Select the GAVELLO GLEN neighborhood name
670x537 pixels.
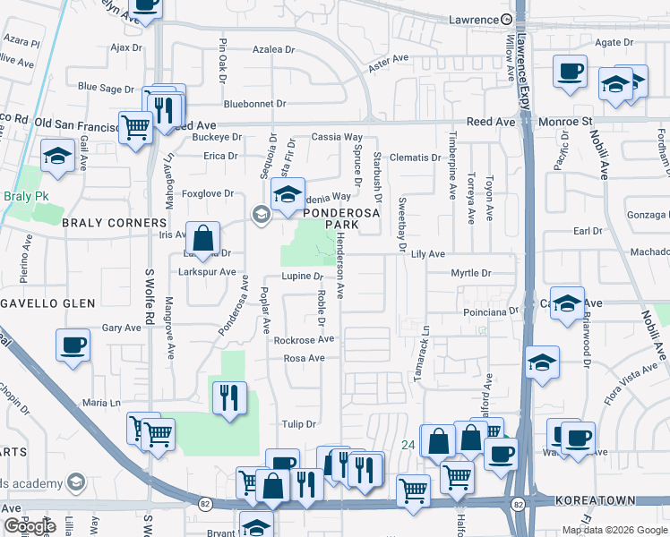47,303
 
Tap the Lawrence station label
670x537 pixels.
472,20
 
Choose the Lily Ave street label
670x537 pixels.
428,254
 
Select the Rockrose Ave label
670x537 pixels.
304,339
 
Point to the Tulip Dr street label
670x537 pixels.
299,424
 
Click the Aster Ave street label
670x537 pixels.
388,59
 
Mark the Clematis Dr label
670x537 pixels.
415,158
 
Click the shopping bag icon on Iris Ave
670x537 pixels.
203,238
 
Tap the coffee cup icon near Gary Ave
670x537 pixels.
73,345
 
